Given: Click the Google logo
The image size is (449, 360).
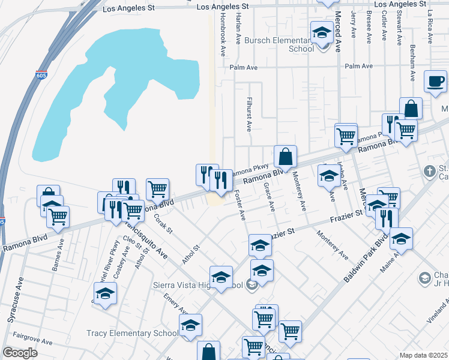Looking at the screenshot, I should click(20, 353).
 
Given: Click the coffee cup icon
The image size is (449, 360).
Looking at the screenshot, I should click(435, 81).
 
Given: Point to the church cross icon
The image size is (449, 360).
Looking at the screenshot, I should click(429, 171).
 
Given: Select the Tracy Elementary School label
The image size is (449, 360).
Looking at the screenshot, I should click(132, 333).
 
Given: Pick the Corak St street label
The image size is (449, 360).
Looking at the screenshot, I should click(163, 221).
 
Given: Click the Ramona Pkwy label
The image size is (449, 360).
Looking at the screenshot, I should click(255, 171).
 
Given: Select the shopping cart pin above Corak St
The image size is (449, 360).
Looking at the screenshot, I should click(157, 189).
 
